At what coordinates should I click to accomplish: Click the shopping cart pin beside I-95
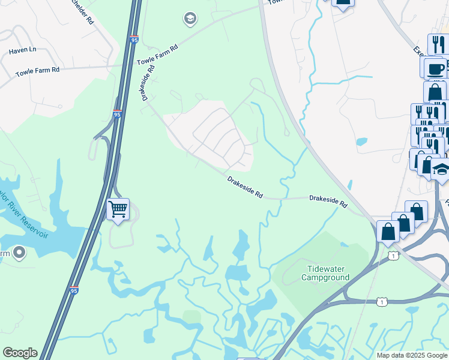118,210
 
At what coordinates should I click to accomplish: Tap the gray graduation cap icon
190,19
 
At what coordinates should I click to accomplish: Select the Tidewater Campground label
325,274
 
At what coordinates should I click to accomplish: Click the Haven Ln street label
22,51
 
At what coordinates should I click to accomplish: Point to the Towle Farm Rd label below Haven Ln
37,70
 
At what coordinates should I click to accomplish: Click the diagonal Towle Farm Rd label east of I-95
158,55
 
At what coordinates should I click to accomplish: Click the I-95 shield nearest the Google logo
73,290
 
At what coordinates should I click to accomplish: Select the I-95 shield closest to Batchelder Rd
133,40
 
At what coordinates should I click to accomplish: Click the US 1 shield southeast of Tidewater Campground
382,302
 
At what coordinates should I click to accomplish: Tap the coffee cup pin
435,68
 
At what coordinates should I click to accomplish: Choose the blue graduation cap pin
441,170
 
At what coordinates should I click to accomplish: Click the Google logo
20,353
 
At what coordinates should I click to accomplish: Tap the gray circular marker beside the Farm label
19,254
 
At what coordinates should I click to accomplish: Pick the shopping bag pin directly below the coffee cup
435,92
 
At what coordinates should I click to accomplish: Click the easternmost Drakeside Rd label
328,202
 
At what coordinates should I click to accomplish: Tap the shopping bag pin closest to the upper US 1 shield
388,231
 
